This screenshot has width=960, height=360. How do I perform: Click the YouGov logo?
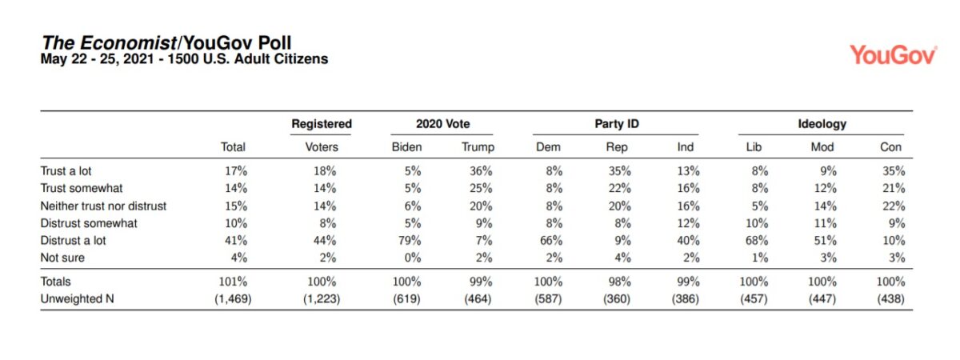893,54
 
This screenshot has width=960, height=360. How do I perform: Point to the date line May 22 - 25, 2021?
184,59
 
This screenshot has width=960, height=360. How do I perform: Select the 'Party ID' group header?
616,124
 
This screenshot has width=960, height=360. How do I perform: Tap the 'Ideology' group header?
822,124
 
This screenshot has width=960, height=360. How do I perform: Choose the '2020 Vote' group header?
442,124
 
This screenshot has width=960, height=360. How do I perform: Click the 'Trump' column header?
478,147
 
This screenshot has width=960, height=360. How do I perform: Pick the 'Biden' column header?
406,147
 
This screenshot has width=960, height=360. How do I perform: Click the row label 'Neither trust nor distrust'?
103,206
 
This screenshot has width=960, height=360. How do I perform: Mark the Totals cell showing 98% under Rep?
621,282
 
